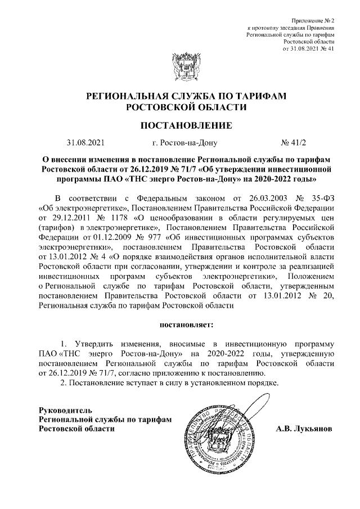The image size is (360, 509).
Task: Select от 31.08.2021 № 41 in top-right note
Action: (309, 48)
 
